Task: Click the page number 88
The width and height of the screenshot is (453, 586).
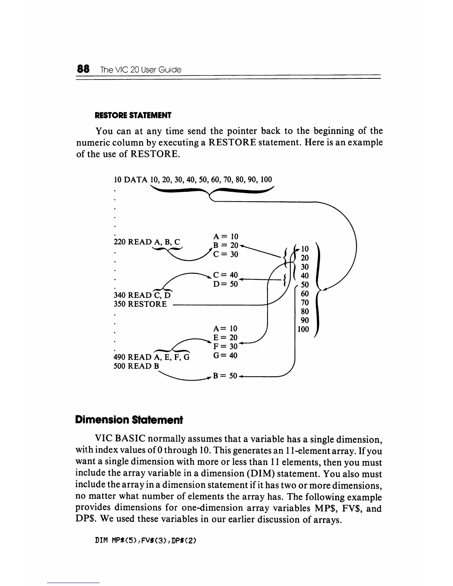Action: tap(83, 69)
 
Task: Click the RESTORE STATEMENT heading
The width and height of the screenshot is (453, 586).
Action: tap(133, 115)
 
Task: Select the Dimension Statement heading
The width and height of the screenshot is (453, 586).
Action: tap(129, 420)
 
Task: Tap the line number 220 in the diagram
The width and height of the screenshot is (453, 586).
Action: tap(120, 242)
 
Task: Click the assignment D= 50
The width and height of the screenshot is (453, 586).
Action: tap(225, 284)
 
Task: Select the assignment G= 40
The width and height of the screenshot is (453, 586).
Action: tap(225, 356)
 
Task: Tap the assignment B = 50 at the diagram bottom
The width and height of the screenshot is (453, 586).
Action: tap(225, 376)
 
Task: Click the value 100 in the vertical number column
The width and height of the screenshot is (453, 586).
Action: tap(303, 329)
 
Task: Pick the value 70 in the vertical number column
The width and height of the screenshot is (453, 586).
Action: tap(305, 303)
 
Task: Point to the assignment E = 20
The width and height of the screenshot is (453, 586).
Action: tap(225, 337)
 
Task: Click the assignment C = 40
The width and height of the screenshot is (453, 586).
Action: tap(225, 275)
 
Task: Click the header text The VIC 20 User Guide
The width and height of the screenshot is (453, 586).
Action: tap(141, 70)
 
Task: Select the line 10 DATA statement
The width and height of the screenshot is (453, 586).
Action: tap(193, 180)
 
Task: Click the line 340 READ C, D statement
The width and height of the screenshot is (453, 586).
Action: tap(142, 295)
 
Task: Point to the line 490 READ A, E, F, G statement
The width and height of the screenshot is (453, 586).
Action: tap(151, 357)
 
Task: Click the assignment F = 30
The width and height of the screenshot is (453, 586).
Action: tap(225, 347)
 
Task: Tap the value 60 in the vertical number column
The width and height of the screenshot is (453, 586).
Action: tap(305, 294)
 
